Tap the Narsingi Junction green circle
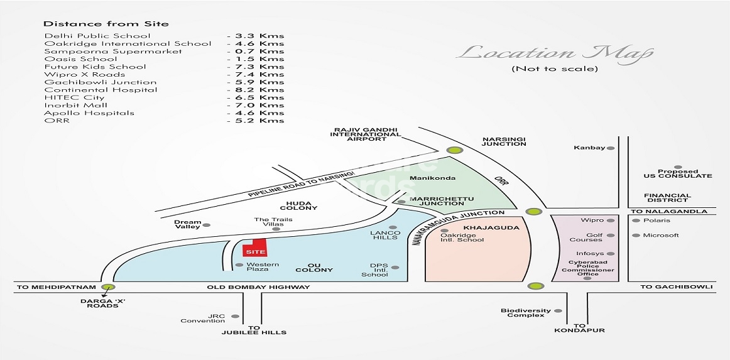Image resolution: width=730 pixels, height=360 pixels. pos(454,150)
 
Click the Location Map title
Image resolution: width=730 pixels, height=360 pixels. pos(554,53)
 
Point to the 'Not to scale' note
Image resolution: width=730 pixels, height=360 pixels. pos(555,69)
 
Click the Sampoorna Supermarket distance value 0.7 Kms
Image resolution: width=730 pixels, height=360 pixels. pos(256,52)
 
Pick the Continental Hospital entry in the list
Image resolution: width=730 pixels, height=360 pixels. pos(101,90)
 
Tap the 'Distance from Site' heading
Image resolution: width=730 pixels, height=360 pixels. pos(106,24)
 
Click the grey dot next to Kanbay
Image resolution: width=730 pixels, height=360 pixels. pos(611,148)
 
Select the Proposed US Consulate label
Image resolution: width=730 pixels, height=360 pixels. pos(678,173)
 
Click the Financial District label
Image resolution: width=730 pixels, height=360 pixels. pos(668,197)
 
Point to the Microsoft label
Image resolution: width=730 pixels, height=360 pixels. pos(661,235)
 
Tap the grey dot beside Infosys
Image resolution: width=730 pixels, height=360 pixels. pos(611,254)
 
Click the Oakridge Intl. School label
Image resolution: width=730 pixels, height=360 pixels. pos(462,237)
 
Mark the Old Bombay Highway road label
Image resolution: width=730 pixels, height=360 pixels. pos(258,287)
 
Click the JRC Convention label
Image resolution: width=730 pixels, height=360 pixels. pos(203,319)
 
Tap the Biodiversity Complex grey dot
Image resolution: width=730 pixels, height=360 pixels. pos(558,310)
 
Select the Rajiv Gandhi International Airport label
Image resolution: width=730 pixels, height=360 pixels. pos(366,134)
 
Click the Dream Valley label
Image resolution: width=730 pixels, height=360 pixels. pos(187,224)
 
